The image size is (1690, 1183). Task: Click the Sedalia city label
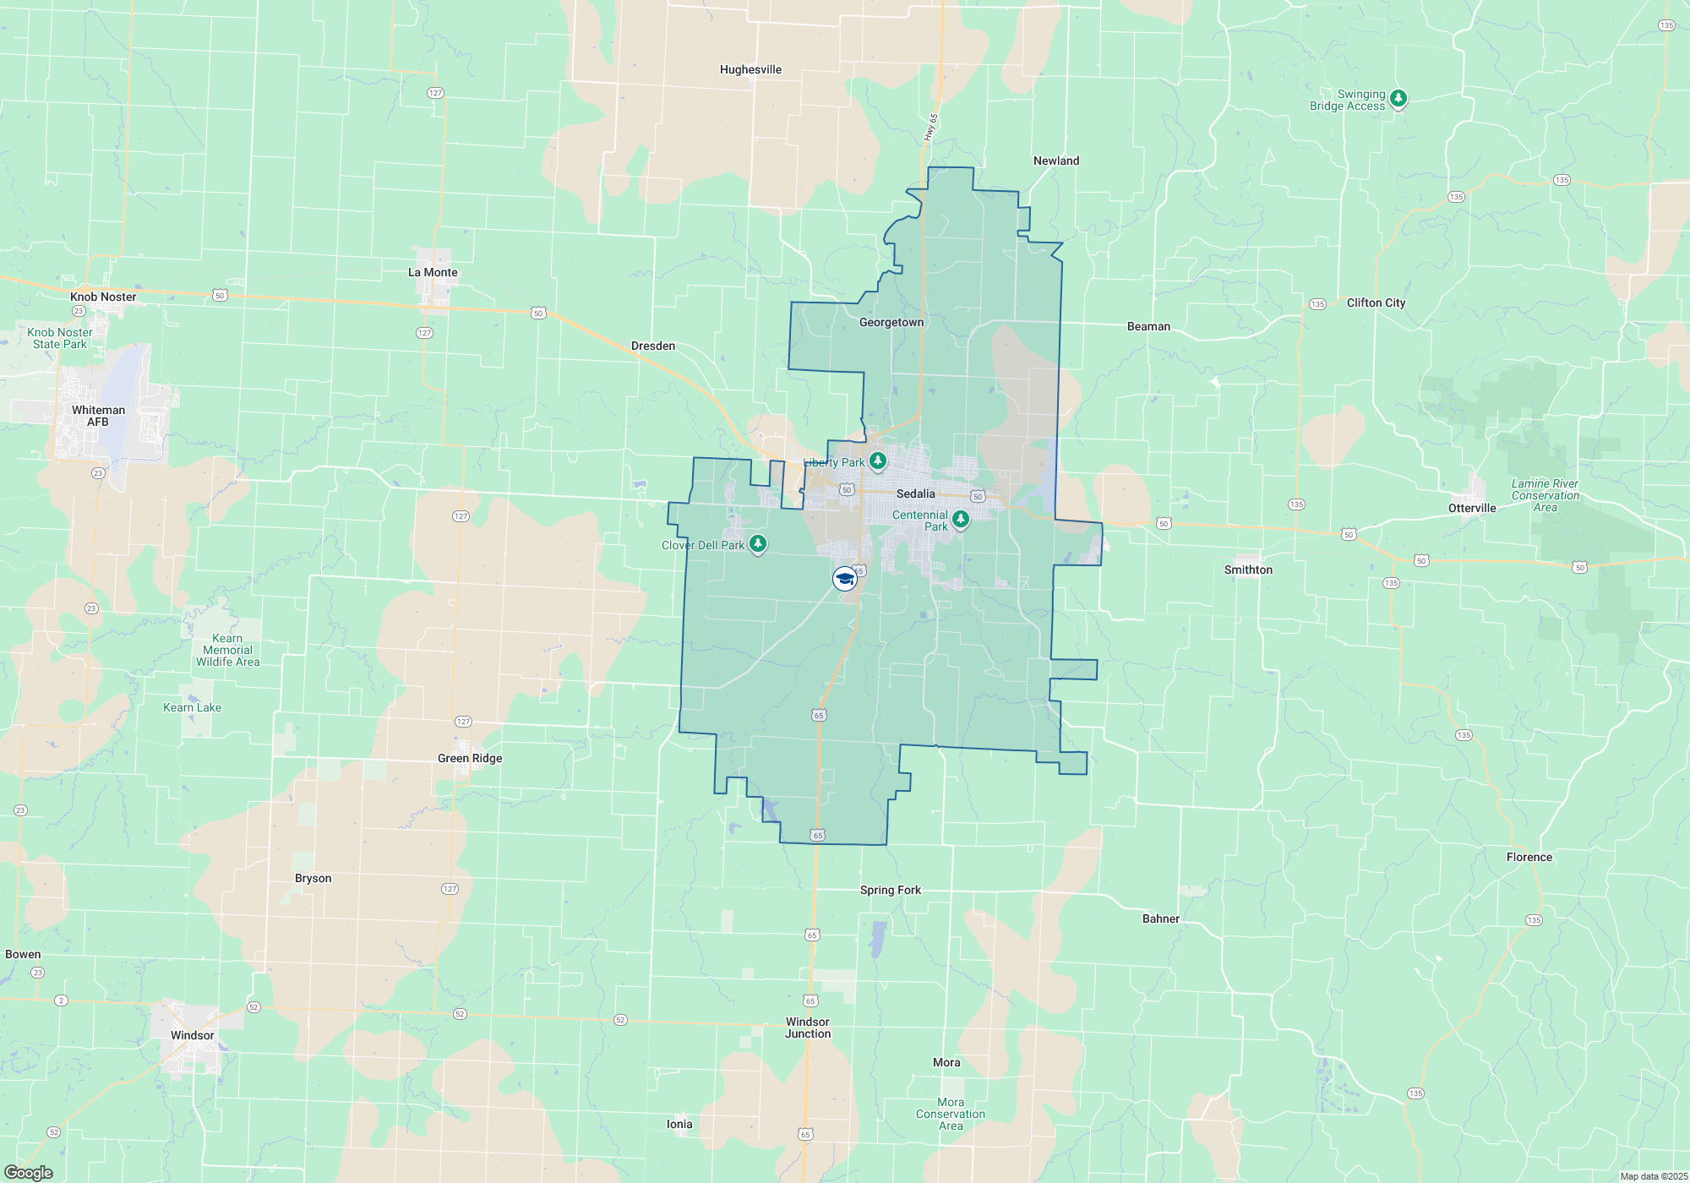(915, 493)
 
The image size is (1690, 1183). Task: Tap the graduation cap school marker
(844, 579)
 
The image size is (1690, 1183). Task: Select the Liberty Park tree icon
(878, 461)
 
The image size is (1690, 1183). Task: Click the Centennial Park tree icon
(960, 519)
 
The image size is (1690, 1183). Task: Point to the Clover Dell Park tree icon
(758, 544)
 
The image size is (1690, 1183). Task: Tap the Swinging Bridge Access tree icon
(1398, 99)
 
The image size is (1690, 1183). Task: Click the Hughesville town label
(750, 69)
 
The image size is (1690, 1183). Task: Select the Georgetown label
(891, 322)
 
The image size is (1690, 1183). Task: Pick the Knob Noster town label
(103, 297)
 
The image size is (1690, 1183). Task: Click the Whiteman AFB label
(98, 416)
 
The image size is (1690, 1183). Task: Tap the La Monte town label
(433, 272)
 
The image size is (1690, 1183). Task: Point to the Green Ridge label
(470, 758)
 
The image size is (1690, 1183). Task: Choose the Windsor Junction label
(808, 1028)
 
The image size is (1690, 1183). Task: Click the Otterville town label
(1472, 508)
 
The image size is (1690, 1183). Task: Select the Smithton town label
(1248, 570)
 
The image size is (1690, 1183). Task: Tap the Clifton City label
(1376, 303)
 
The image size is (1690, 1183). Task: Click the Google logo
(29, 1173)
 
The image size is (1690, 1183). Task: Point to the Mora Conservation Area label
(951, 1114)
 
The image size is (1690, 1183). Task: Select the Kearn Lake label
(192, 707)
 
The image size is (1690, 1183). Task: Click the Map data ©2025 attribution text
(1654, 1176)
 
